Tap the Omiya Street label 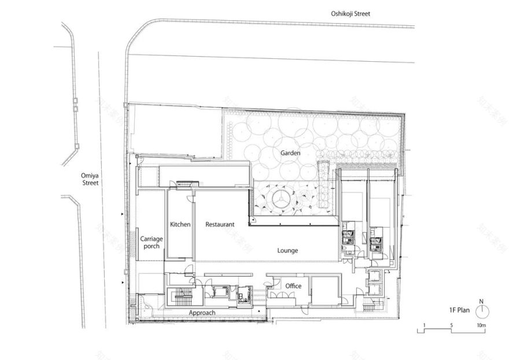[x=90, y=178]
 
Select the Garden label [x=290, y=153]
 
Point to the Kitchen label [x=180, y=224]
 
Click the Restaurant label [x=220, y=224]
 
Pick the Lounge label [x=287, y=250]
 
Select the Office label [x=293, y=286]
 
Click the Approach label [x=202, y=313]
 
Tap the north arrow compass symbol [x=481, y=311]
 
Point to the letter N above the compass [x=481, y=301]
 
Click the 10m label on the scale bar [x=481, y=326]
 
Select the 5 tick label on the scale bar [x=451, y=326]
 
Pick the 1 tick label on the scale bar [x=425, y=326]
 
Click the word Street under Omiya [x=90, y=183]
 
